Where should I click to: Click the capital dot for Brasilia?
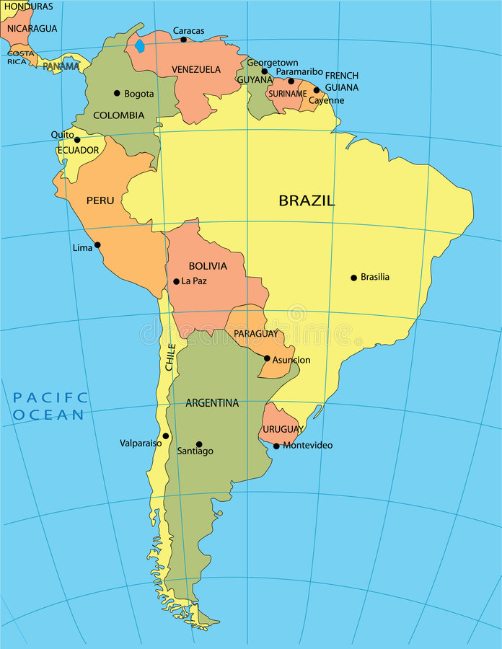point(353,278)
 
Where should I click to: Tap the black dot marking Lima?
point(97,245)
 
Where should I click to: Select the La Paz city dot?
point(176,281)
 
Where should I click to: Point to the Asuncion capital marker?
point(267,358)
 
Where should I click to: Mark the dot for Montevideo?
point(276,446)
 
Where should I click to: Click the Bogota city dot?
point(117,93)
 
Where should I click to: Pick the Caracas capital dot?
point(183,40)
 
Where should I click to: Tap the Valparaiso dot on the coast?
point(165,436)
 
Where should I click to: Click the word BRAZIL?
point(307,201)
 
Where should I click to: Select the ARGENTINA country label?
point(212,403)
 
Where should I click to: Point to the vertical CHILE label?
point(171,357)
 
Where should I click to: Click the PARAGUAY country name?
point(255,334)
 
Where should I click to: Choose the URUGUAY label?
point(283,429)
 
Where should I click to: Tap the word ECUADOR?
point(78,151)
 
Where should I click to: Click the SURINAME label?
point(287,94)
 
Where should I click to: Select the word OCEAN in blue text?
point(48,415)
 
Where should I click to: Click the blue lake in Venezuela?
point(139,45)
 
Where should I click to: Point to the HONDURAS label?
point(28,6)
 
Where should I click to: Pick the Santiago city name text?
point(195,451)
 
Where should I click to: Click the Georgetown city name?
point(272,63)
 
